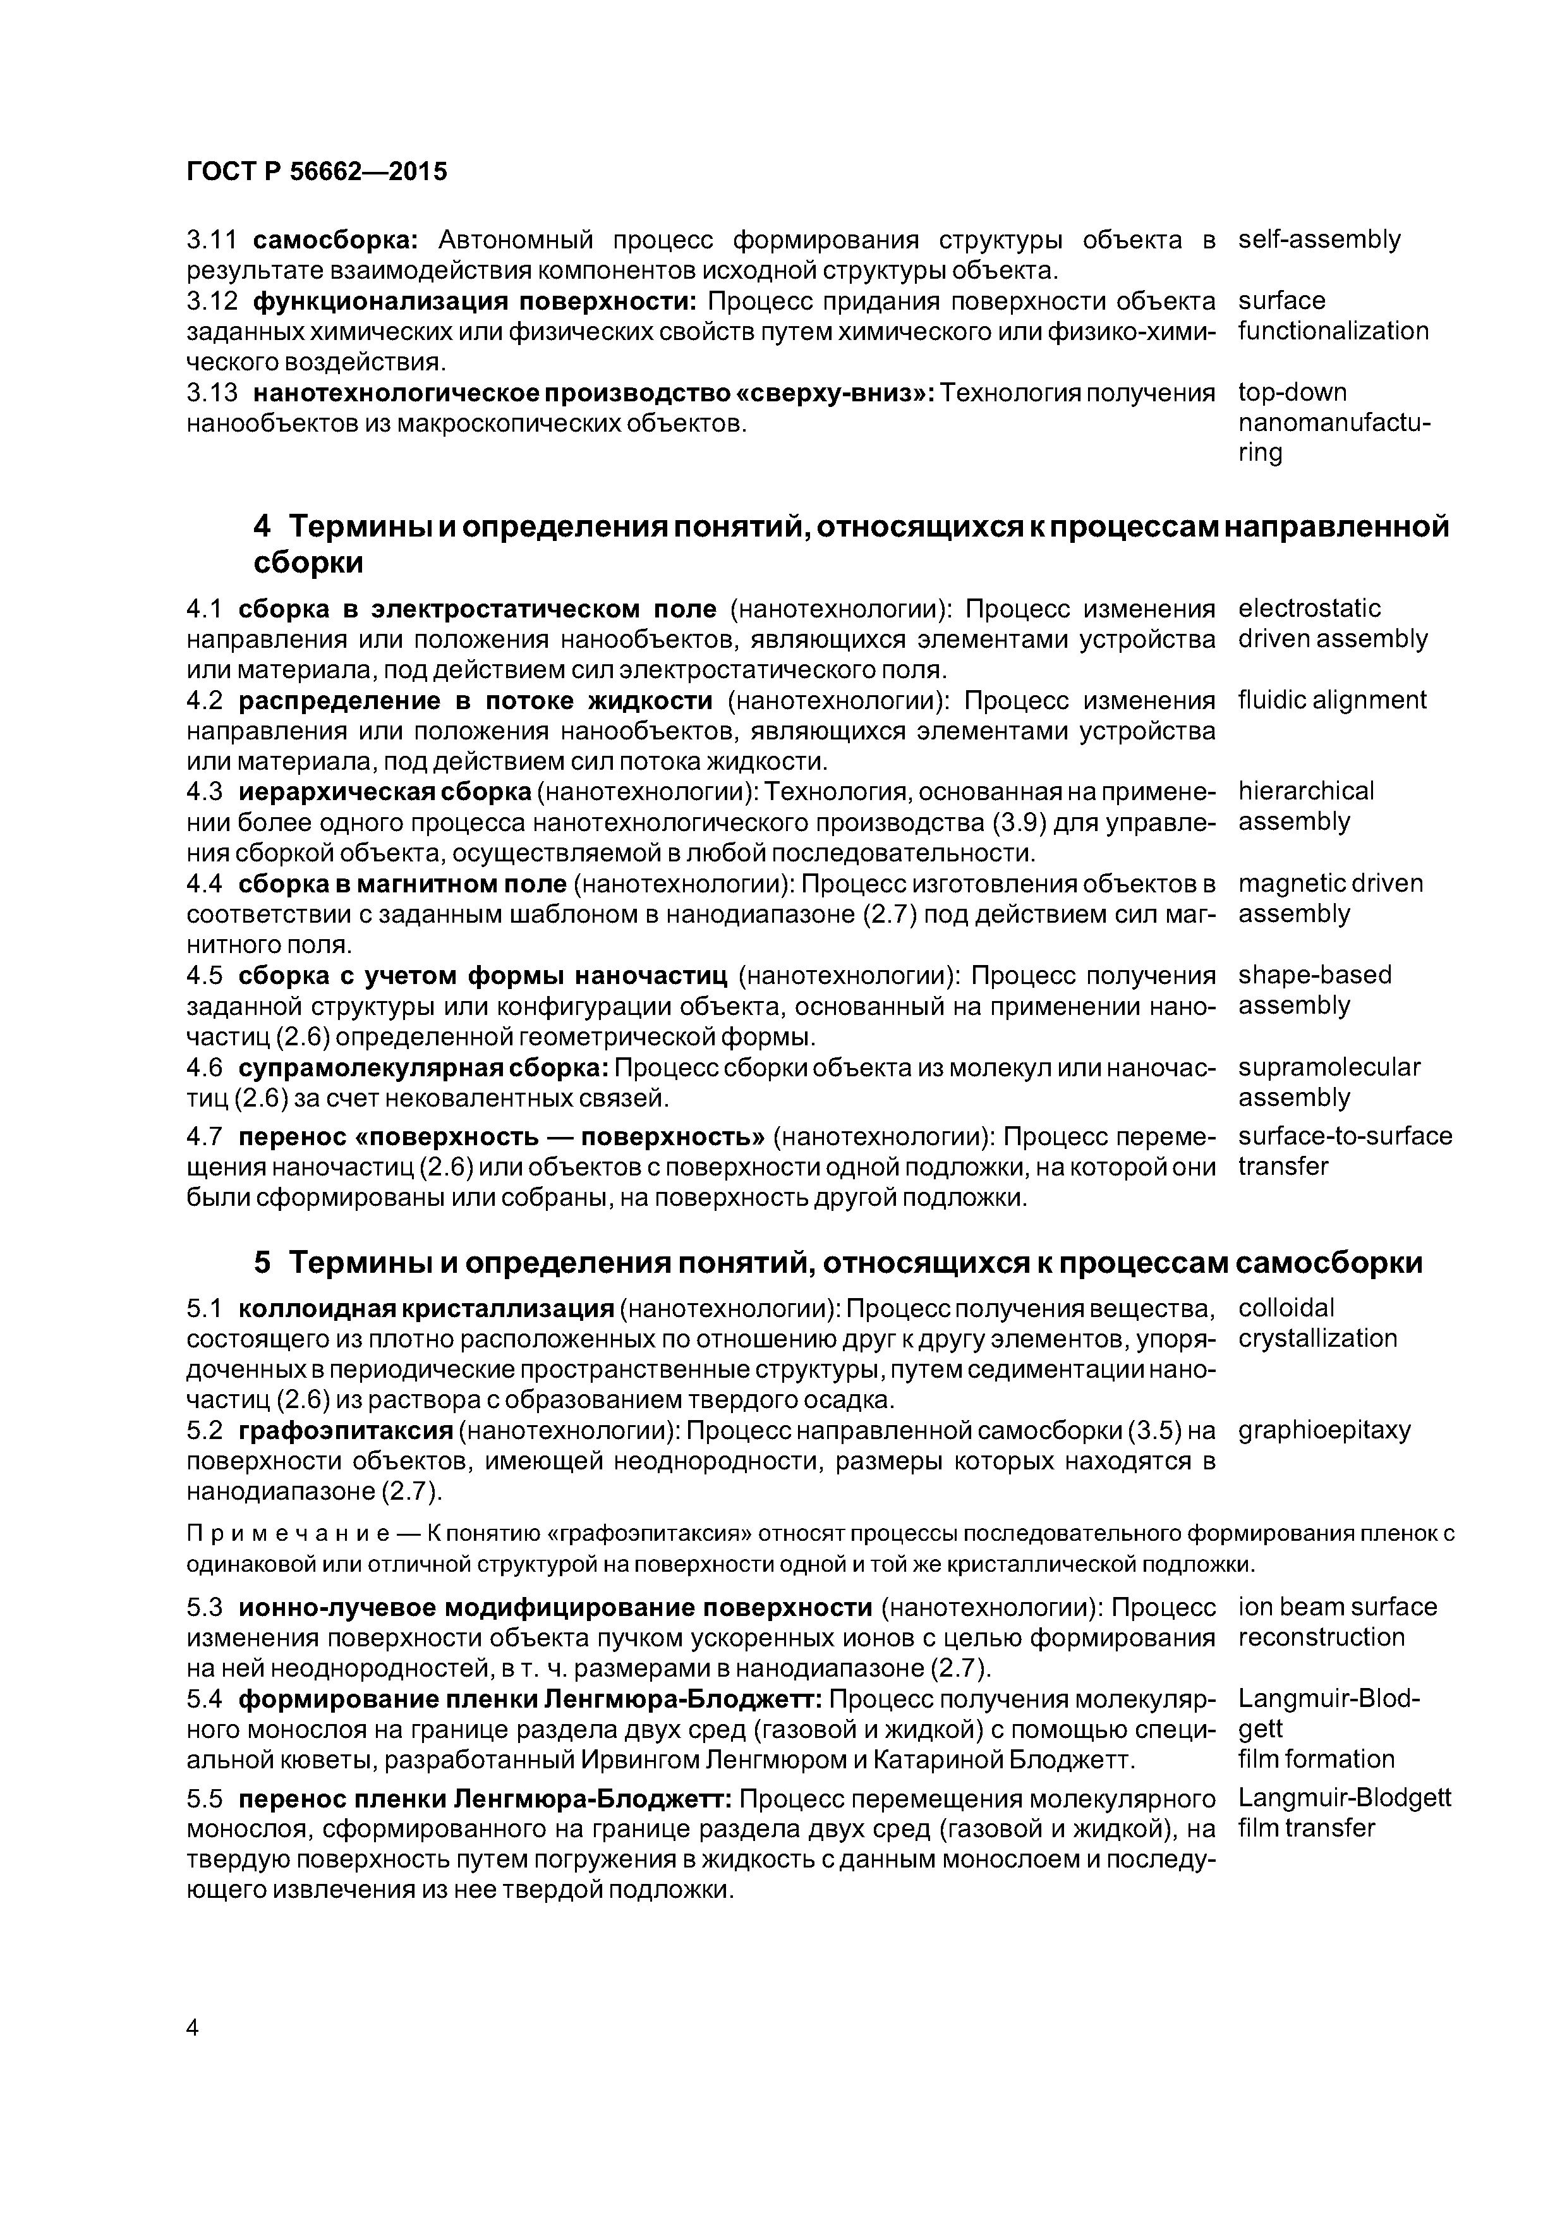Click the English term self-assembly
pyautogui.click(x=1319, y=240)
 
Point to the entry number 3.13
pyautogui.click(x=212, y=393)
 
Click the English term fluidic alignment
pyautogui.click(x=1331, y=700)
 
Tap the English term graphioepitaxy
pyautogui.click(x=1324, y=1430)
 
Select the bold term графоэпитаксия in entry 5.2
pyautogui.click(x=346, y=1430)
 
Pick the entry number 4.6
pyautogui.click(x=203, y=1068)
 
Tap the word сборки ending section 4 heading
pyautogui.click(x=308, y=562)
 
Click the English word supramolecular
pyautogui.click(x=1329, y=1068)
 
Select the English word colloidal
pyautogui.click(x=1286, y=1308)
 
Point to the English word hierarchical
pyautogui.click(x=1305, y=792)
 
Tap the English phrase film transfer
pyautogui.click(x=1305, y=1828)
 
